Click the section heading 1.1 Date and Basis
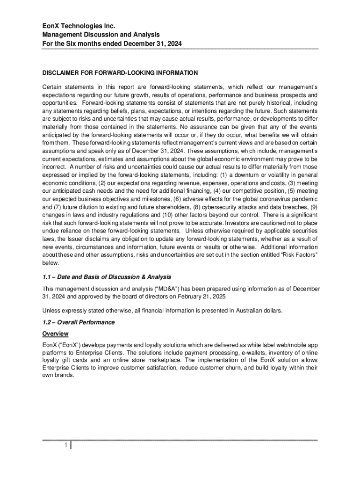coord(107,277)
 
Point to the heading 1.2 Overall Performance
coord(78,322)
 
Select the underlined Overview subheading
coord(55,334)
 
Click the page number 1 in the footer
coord(67,445)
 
